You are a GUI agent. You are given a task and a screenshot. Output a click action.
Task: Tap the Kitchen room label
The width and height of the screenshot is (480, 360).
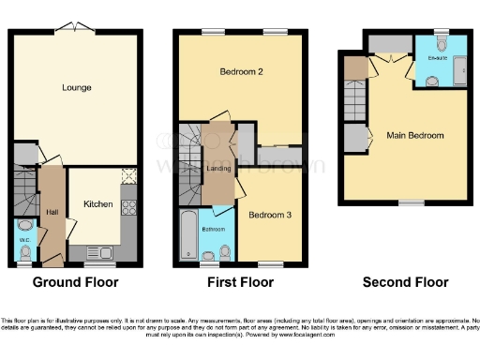pyautogui.click(x=98, y=203)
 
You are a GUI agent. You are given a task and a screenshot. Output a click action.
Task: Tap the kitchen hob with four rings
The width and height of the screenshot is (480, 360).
pyautogui.click(x=128, y=207)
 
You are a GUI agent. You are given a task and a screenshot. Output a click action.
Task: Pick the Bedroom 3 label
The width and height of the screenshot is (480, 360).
pyautogui.click(x=271, y=215)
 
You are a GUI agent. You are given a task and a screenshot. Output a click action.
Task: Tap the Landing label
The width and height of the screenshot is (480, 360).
pyautogui.click(x=219, y=169)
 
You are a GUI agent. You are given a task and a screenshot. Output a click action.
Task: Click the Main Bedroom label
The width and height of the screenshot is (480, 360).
pyautogui.click(x=415, y=136)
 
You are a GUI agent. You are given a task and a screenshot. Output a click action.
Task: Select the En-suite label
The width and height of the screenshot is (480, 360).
pyautogui.click(x=437, y=57)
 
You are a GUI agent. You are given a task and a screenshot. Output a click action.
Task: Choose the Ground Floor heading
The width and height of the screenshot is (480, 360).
pyautogui.click(x=74, y=282)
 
